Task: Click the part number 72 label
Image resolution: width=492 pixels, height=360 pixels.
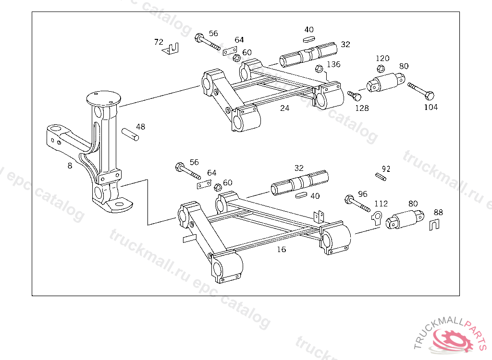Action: (159, 42)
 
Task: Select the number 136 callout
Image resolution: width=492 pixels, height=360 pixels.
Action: (333, 64)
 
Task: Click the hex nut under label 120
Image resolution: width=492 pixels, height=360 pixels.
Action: (381, 69)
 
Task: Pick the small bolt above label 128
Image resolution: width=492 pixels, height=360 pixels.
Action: (354, 96)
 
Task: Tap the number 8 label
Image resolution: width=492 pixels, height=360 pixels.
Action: (70, 166)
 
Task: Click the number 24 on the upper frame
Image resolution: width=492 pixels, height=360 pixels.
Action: (285, 108)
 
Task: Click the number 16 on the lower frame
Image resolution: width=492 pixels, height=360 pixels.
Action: (282, 250)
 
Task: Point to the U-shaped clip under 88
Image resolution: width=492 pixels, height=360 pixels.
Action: (433, 224)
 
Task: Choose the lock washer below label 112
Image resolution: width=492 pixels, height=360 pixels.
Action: (377, 217)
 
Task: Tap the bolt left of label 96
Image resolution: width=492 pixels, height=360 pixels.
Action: (356, 204)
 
